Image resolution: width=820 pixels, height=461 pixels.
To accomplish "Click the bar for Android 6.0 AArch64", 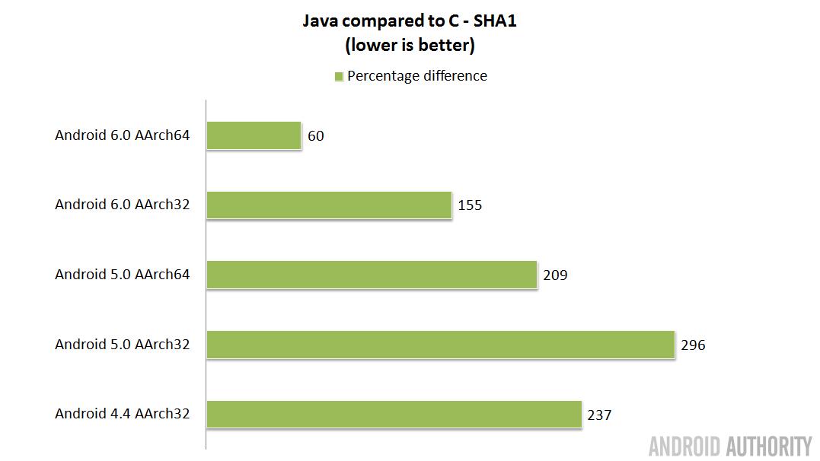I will pos(254,136).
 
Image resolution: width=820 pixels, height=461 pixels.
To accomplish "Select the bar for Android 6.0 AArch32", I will pos(330,205).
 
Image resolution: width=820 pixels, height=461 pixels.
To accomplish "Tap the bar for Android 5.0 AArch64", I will pos(372,275).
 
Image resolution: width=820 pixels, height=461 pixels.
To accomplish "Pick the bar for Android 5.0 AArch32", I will pos(441,345).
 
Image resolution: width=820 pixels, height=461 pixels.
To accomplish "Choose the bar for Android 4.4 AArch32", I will pos(394,415).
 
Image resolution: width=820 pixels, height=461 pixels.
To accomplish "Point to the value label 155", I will pos(470,205).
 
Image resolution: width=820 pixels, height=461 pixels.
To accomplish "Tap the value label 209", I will pos(555,275).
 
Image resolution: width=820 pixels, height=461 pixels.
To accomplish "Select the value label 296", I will pos(693,345).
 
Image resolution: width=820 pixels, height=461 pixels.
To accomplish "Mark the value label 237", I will pos(599,415).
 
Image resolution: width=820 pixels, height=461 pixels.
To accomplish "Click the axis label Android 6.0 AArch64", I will pos(122,135).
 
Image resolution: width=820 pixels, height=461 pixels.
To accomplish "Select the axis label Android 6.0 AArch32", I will pos(122,205).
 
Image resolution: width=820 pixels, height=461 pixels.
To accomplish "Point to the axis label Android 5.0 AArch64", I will pos(122,274).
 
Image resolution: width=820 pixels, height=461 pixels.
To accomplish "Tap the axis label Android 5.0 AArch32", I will pos(122,344).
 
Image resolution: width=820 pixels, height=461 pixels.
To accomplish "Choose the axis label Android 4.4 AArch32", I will pos(122,414).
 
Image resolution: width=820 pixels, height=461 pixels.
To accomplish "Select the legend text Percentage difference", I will pos(417,76).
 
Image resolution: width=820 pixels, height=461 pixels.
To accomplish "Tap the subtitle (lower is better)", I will pos(410,46).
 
